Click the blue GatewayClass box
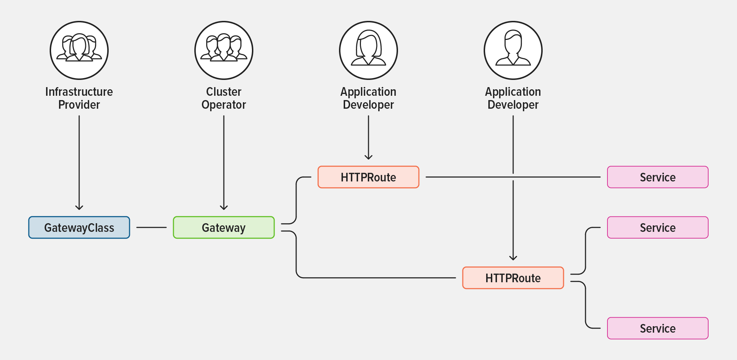79,228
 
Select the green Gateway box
223,228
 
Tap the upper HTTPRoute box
368,177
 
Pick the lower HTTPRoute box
513,278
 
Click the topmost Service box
657,177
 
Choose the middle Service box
657,228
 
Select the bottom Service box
657,328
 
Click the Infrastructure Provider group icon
79,50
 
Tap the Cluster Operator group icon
223,50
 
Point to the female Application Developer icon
368,50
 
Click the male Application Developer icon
513,50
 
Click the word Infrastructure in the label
79,92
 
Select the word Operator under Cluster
223,105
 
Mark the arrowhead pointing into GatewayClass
79,207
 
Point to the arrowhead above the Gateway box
223,207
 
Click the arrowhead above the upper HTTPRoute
368,157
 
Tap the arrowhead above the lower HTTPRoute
513,258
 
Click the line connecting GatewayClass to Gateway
151,228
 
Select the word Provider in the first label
79,105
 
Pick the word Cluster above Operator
223,92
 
